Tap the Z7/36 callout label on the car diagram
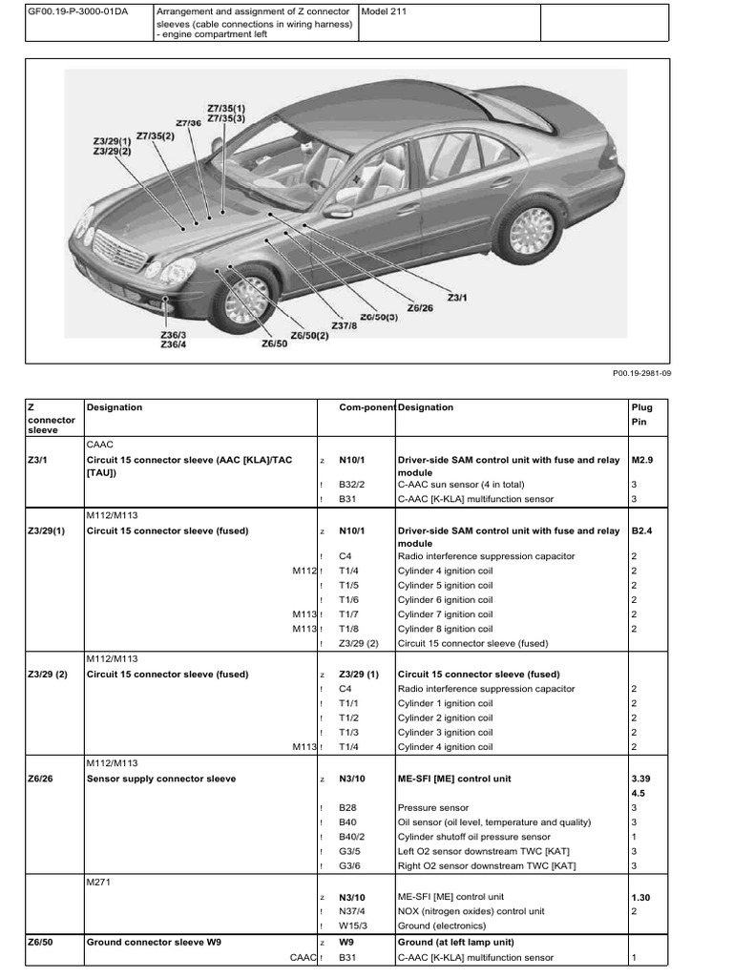coord(188,123)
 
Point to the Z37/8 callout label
coord(345,325)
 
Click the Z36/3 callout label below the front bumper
coord(174,335)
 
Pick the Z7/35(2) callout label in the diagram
coord(157,135)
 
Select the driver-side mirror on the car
coord(336,211)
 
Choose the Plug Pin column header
coord(642,413)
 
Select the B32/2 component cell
coord(353,485)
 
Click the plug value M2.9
coord(643,460)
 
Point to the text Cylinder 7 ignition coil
coord(446,614)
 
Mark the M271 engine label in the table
coord(99,882)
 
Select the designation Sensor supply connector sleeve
coord(161,779)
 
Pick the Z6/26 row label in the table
coord(42,779)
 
